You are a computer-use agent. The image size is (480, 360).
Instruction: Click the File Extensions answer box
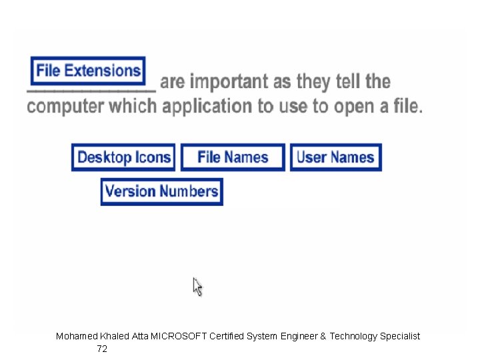click(x=88, y=71)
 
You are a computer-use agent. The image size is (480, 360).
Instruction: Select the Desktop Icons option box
click(x=123, y=157)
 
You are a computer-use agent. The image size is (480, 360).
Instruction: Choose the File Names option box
click(x=233, y=157)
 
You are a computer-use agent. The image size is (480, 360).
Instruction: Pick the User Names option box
click(x=335, y=157)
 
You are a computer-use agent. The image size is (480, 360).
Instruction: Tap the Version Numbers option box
click(x=162, y=191)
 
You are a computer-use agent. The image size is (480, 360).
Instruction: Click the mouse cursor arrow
click(x=197, y=286)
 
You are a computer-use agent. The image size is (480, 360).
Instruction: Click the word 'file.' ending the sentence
click(x=406, y=106)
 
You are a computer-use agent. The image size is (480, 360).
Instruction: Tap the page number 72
click(x=102, y=349)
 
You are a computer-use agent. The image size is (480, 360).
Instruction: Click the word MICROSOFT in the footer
click(x=179, y=337)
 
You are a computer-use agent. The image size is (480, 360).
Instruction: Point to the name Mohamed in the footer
click(x=76, y=337)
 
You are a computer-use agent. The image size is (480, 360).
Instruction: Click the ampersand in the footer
click(x=323, y=337)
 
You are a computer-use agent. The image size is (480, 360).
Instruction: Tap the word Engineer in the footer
click(x=300, y=337)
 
